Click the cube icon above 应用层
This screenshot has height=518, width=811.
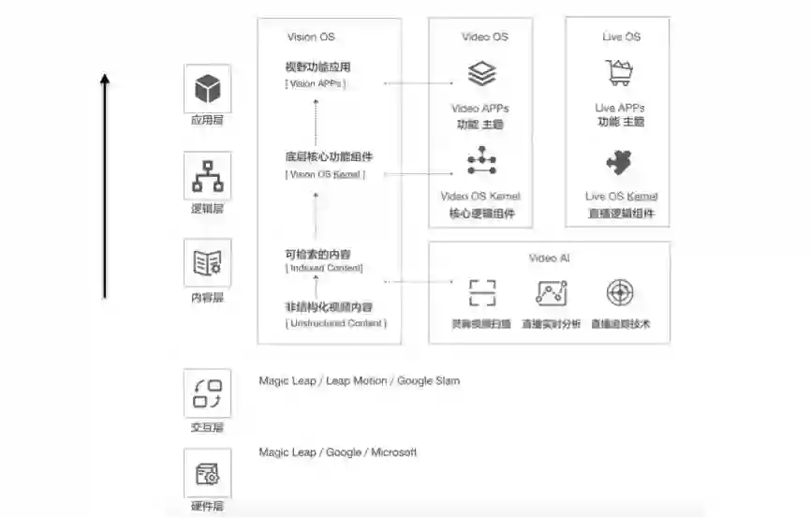coord(207,89)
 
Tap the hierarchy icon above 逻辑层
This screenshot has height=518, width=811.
coord(207,176)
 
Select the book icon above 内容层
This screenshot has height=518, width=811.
coord(207,263)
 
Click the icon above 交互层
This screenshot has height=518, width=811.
coord(207,393)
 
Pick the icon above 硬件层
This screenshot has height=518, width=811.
coord(207,474)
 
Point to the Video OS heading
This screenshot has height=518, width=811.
coord(484,37)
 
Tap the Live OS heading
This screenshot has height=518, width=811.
coord(621,37)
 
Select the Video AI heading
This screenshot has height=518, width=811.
coord(549,257)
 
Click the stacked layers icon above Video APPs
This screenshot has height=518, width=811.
coord(481,74)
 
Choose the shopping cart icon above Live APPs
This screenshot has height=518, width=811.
coord(618,73)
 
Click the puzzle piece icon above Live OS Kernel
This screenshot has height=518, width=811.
coord(618,163)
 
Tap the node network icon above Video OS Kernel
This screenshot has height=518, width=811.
coord(481,161)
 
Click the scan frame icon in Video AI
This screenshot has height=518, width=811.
coord(481,292)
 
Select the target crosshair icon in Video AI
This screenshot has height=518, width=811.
coord(619,292)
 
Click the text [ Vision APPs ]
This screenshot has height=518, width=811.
coord(316,83)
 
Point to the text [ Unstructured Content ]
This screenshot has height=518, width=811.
coord(335,323)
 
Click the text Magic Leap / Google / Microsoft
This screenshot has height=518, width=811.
coord(337,452)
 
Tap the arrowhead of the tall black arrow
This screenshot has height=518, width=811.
coord(105,81)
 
